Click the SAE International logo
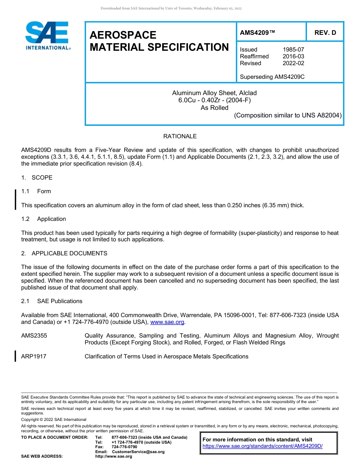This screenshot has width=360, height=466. [x=48, y=36]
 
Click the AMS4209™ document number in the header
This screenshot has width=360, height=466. [x=258, y=33]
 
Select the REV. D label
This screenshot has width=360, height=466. [x=325, y=33]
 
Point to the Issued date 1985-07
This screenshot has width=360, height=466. [x=293, y=50]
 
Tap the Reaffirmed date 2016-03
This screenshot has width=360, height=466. [x=293, y=56]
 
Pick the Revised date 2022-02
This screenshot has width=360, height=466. [x=293, y=63]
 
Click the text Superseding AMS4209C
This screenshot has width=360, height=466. [x=272, y=77]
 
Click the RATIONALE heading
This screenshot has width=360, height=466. [x=180, y=136]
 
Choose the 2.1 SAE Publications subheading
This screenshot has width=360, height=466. [x=52, y=301]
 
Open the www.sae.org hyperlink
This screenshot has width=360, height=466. [x=167, y=322]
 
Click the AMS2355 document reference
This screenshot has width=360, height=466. [x=34, y=336]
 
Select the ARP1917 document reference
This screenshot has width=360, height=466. [x=34, y=357]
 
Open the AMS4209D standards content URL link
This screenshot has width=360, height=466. [x=262, y=446]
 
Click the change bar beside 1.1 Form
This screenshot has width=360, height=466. [x=15, y=199]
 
